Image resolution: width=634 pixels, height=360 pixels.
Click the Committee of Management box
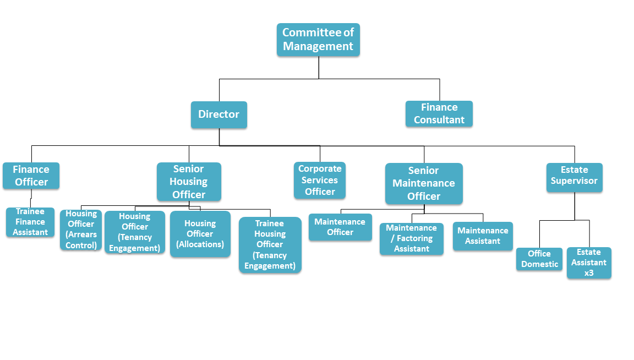coord(318,40)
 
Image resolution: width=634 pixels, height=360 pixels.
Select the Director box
coord(219,114)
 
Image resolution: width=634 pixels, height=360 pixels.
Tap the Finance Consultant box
coord(439,114)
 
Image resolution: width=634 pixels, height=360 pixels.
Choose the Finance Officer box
coord(31,176)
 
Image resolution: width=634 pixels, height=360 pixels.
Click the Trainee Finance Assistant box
coord(30,222)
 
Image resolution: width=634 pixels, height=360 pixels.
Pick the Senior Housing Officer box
coord(189,182)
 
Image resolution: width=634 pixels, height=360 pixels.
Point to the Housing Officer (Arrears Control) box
coord(81,230)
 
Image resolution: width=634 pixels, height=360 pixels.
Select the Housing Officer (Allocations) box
coord(200,234)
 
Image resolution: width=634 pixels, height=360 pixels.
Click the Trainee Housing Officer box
coord(270,245)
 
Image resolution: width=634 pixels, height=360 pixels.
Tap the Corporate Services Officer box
coord(320,180)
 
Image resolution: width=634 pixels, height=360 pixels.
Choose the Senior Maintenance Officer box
coord(424,184)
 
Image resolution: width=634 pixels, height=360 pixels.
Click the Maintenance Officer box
coord(340,227)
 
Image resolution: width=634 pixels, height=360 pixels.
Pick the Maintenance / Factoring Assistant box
coord(412,238)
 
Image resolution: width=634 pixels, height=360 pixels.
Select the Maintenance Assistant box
coord(483,236)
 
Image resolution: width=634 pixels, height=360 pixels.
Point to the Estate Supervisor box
coord(575,177)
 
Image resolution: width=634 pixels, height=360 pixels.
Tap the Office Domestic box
coord(539,259)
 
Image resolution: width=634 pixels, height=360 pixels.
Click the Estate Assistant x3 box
coord(589,263)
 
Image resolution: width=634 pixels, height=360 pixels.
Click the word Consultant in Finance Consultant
coord(439,120)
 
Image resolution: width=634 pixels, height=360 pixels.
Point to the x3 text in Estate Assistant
coord(589,272)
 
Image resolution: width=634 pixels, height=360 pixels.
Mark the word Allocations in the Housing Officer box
coord(200,244)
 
